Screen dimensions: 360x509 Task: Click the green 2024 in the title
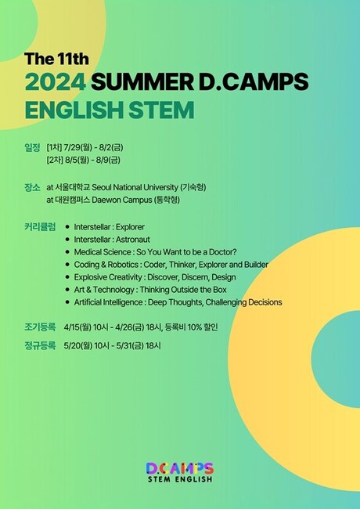pyautogui.click(x=56, y=81)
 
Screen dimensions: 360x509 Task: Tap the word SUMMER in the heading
pyautogui.click(x=142, y=81)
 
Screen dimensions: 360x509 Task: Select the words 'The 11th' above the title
pyautogui.click(x=56, y=59)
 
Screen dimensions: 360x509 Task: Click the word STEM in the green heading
pyautogui.click(x=161, y=110)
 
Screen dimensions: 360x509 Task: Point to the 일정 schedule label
pyautogui.click(x=32, y=148)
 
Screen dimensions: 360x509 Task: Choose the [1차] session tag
pyautogui.click(x=54, y=148)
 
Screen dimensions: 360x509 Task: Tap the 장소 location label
pyautogui.click(x=32, y=188)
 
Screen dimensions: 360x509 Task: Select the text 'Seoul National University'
pyautogui.click(x=135, y=188)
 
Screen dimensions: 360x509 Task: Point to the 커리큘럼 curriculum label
pyautogui.click(x=40, y=227)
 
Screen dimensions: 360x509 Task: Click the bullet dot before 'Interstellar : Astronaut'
pyautogui.click(x=67, y=240)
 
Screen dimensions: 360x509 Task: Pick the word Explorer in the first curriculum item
pyautogui.click(x=130, y=227)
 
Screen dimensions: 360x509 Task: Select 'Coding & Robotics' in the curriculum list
pyautogui.click(x=106, y=265)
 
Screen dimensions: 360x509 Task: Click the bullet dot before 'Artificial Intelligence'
pyautogui.click(x=67, y=302)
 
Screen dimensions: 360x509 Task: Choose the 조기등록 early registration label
pyautogui.click(x=40, y=327)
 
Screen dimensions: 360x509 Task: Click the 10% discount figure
pyautogui.click(x=195, y=327)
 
